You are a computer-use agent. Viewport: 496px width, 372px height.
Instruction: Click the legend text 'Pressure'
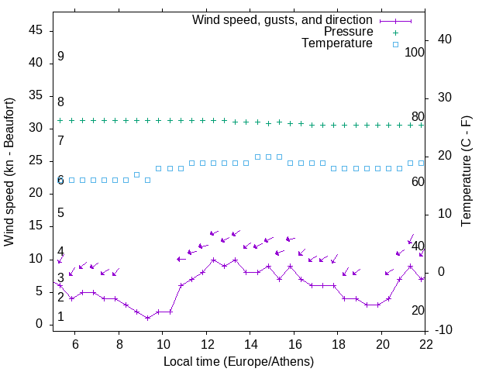point(348,32)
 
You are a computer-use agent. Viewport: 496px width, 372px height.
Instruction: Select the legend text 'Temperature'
point(337,43)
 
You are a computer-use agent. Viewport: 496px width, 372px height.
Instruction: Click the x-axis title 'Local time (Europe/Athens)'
point(239,361)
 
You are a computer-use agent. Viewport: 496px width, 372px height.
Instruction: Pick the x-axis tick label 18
point(338,344)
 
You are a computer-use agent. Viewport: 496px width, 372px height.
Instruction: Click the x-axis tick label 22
point(425,344)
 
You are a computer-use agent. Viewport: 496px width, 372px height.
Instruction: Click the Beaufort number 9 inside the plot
point(60,57)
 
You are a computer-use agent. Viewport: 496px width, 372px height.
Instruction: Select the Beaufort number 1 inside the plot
point(60,317)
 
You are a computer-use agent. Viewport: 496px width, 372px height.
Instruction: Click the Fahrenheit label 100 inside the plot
point(415,53)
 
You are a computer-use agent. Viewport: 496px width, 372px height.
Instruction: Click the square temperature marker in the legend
point(395,44)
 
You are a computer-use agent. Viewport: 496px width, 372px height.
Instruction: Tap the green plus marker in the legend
point(395,33)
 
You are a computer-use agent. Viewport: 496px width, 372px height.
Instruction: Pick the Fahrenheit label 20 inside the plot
point(418,311)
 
